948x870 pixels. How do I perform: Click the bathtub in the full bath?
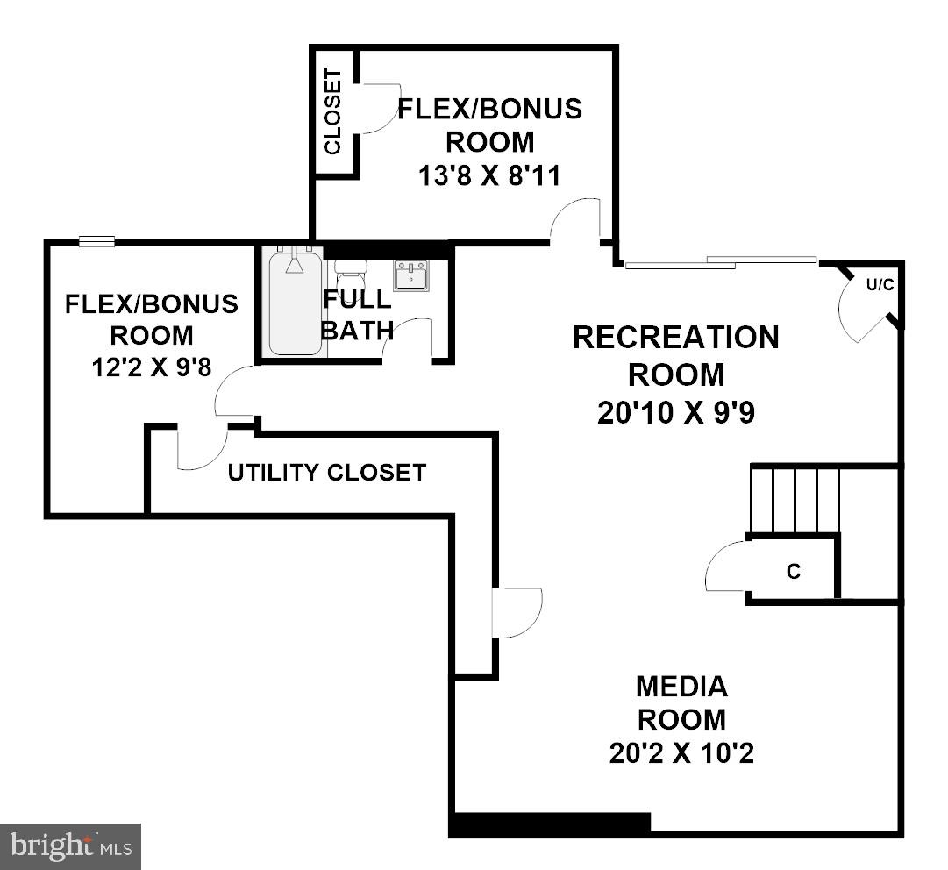pos(296,302)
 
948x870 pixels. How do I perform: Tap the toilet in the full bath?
pos(350,271)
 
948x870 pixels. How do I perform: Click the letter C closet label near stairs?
pos(794,572)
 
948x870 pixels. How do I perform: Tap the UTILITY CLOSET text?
pos(326,473)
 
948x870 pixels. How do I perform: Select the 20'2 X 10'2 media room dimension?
pos(681,752)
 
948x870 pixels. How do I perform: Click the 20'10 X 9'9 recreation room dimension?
pos(676,412)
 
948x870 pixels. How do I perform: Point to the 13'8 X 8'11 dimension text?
pos(489,175)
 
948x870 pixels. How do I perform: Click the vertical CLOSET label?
pos(333,111)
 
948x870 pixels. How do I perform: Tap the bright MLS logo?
pos(70,846)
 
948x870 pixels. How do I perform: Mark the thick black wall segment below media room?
pos(550,824)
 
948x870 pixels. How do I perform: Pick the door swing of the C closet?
pos(723,568)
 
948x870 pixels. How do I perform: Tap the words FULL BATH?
pos(357,314)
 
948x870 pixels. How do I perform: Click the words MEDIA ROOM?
pos(681,702)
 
